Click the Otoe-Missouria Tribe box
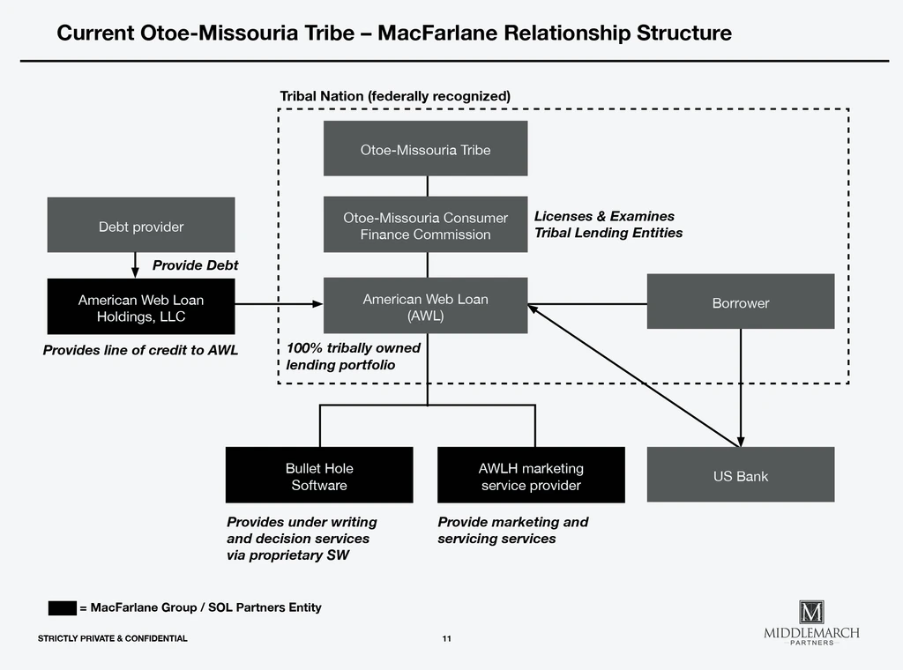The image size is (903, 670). pyautogui.click(x=425, y=149)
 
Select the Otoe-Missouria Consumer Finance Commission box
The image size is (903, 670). pyautogui.click(x=425, y=225)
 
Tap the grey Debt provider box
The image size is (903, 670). pyautogui.click(x=141, y=226)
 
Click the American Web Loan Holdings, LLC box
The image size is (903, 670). pyautogui.click(x=141, y=307)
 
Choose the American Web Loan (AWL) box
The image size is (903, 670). pyautogui.click(x=425, y=306)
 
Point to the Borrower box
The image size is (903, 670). pyautogui.click(x=740, y=302)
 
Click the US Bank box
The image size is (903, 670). pyautogui.click(x=740, y=475)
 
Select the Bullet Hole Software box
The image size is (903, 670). pyautogui.click(x=318, y=476)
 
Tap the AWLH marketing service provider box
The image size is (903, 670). pyautogui.click(x=531, y=476)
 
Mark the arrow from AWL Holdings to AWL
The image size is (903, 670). pyautogui.click(x=279, y=304)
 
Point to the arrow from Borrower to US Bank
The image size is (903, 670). pyautogui.click(x=740, y=388)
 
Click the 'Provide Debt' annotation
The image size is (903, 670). pyautogui.click(x=195, y=265)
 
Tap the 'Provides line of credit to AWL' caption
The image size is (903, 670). pyautogui.click(x=140, y=351)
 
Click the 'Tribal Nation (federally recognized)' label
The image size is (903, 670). pyautogui.click(x=395, y=95)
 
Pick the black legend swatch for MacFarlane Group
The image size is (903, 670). pyautogui.click(x=62, y=607)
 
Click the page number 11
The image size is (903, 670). pyautogui.click(x=447, y=638)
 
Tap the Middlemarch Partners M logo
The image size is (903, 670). pyautogui.click(x=810, y=612)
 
